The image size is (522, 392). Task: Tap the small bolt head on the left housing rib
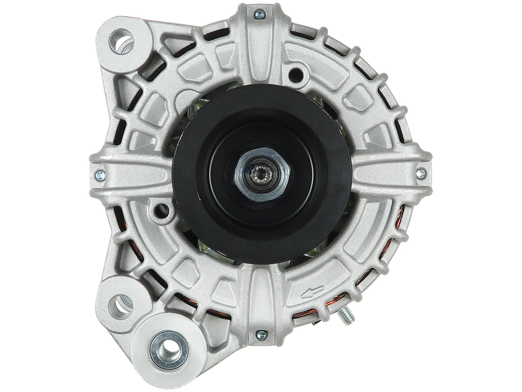pyautogui.click(x=99, y=175)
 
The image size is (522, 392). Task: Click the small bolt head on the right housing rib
pyautogui.click(x=421, y=174)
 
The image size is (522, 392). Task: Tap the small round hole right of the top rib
pyautogui.click(x=298, y=71)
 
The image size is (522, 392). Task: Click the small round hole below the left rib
pyautogui.click(x=159, y=211)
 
